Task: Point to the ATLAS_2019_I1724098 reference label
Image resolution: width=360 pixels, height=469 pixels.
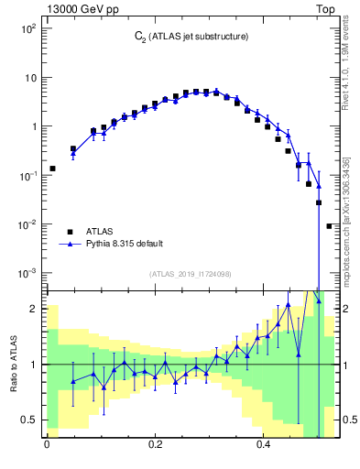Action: [x=191, y=274]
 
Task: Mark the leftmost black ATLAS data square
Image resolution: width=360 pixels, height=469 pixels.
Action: [x=52, y=169]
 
